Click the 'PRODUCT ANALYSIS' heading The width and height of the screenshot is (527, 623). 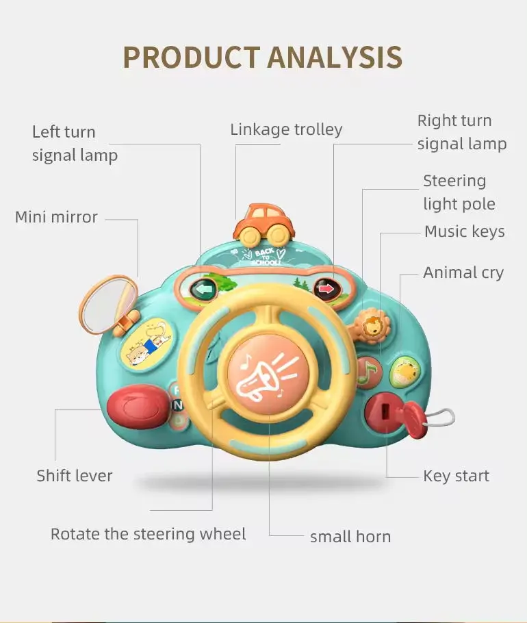coord(263,58)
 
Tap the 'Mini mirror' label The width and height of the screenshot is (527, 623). coord(56,218)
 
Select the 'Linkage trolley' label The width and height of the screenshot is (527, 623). coord(286,129)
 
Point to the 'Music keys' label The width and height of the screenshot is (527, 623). coord(464,231)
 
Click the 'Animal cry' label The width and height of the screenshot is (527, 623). coord(463,272)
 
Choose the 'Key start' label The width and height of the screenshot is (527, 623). coord(456,476)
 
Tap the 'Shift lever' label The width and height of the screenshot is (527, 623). coord(75,476)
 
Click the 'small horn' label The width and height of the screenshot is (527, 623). coord(350,537)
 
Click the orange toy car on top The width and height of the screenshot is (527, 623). coord(263,221)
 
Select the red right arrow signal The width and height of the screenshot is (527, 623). coord(328,290)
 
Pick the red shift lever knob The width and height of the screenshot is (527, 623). coord(137,405)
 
